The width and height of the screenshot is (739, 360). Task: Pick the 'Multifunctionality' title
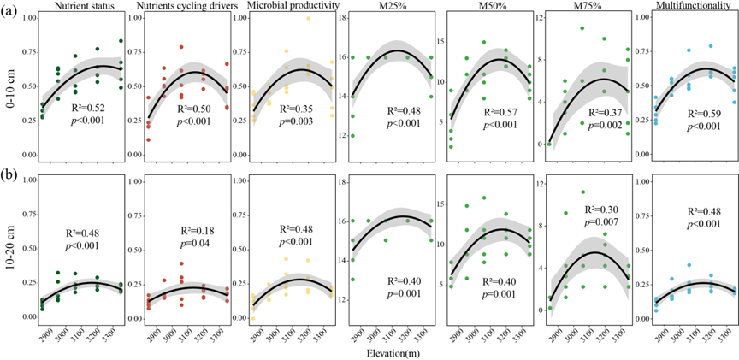tap(682, 8)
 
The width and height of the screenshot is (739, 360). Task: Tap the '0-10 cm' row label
tap(11, 91)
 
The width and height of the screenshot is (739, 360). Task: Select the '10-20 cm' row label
tap(11, 253)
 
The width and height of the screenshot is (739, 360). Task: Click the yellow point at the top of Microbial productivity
tap(309, 18)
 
